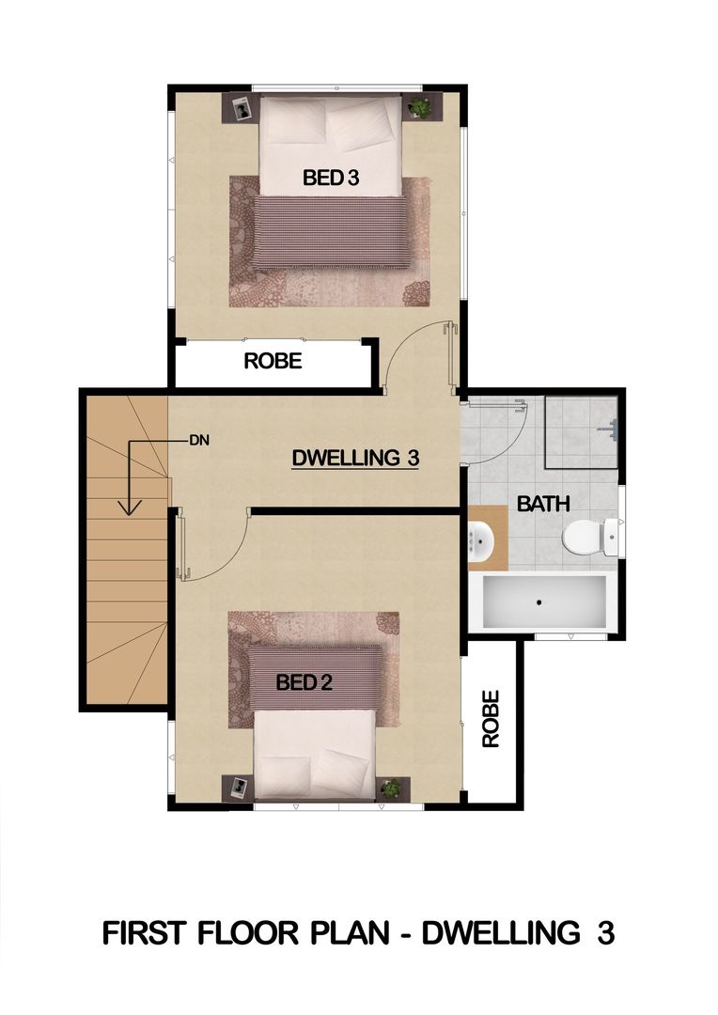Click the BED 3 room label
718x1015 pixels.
point(330,178)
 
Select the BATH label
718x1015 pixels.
point(543,503)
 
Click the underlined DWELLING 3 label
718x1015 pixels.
point(355,458)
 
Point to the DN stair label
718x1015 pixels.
point(199,441)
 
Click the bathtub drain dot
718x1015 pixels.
point(538,602)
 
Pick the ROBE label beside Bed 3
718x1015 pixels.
point(273,361)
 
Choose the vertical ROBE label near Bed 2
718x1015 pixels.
point(491,719)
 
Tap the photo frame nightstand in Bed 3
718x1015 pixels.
point(242,108)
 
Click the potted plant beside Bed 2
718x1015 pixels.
point(390,788)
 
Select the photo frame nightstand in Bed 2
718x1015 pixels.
point(239,788)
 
